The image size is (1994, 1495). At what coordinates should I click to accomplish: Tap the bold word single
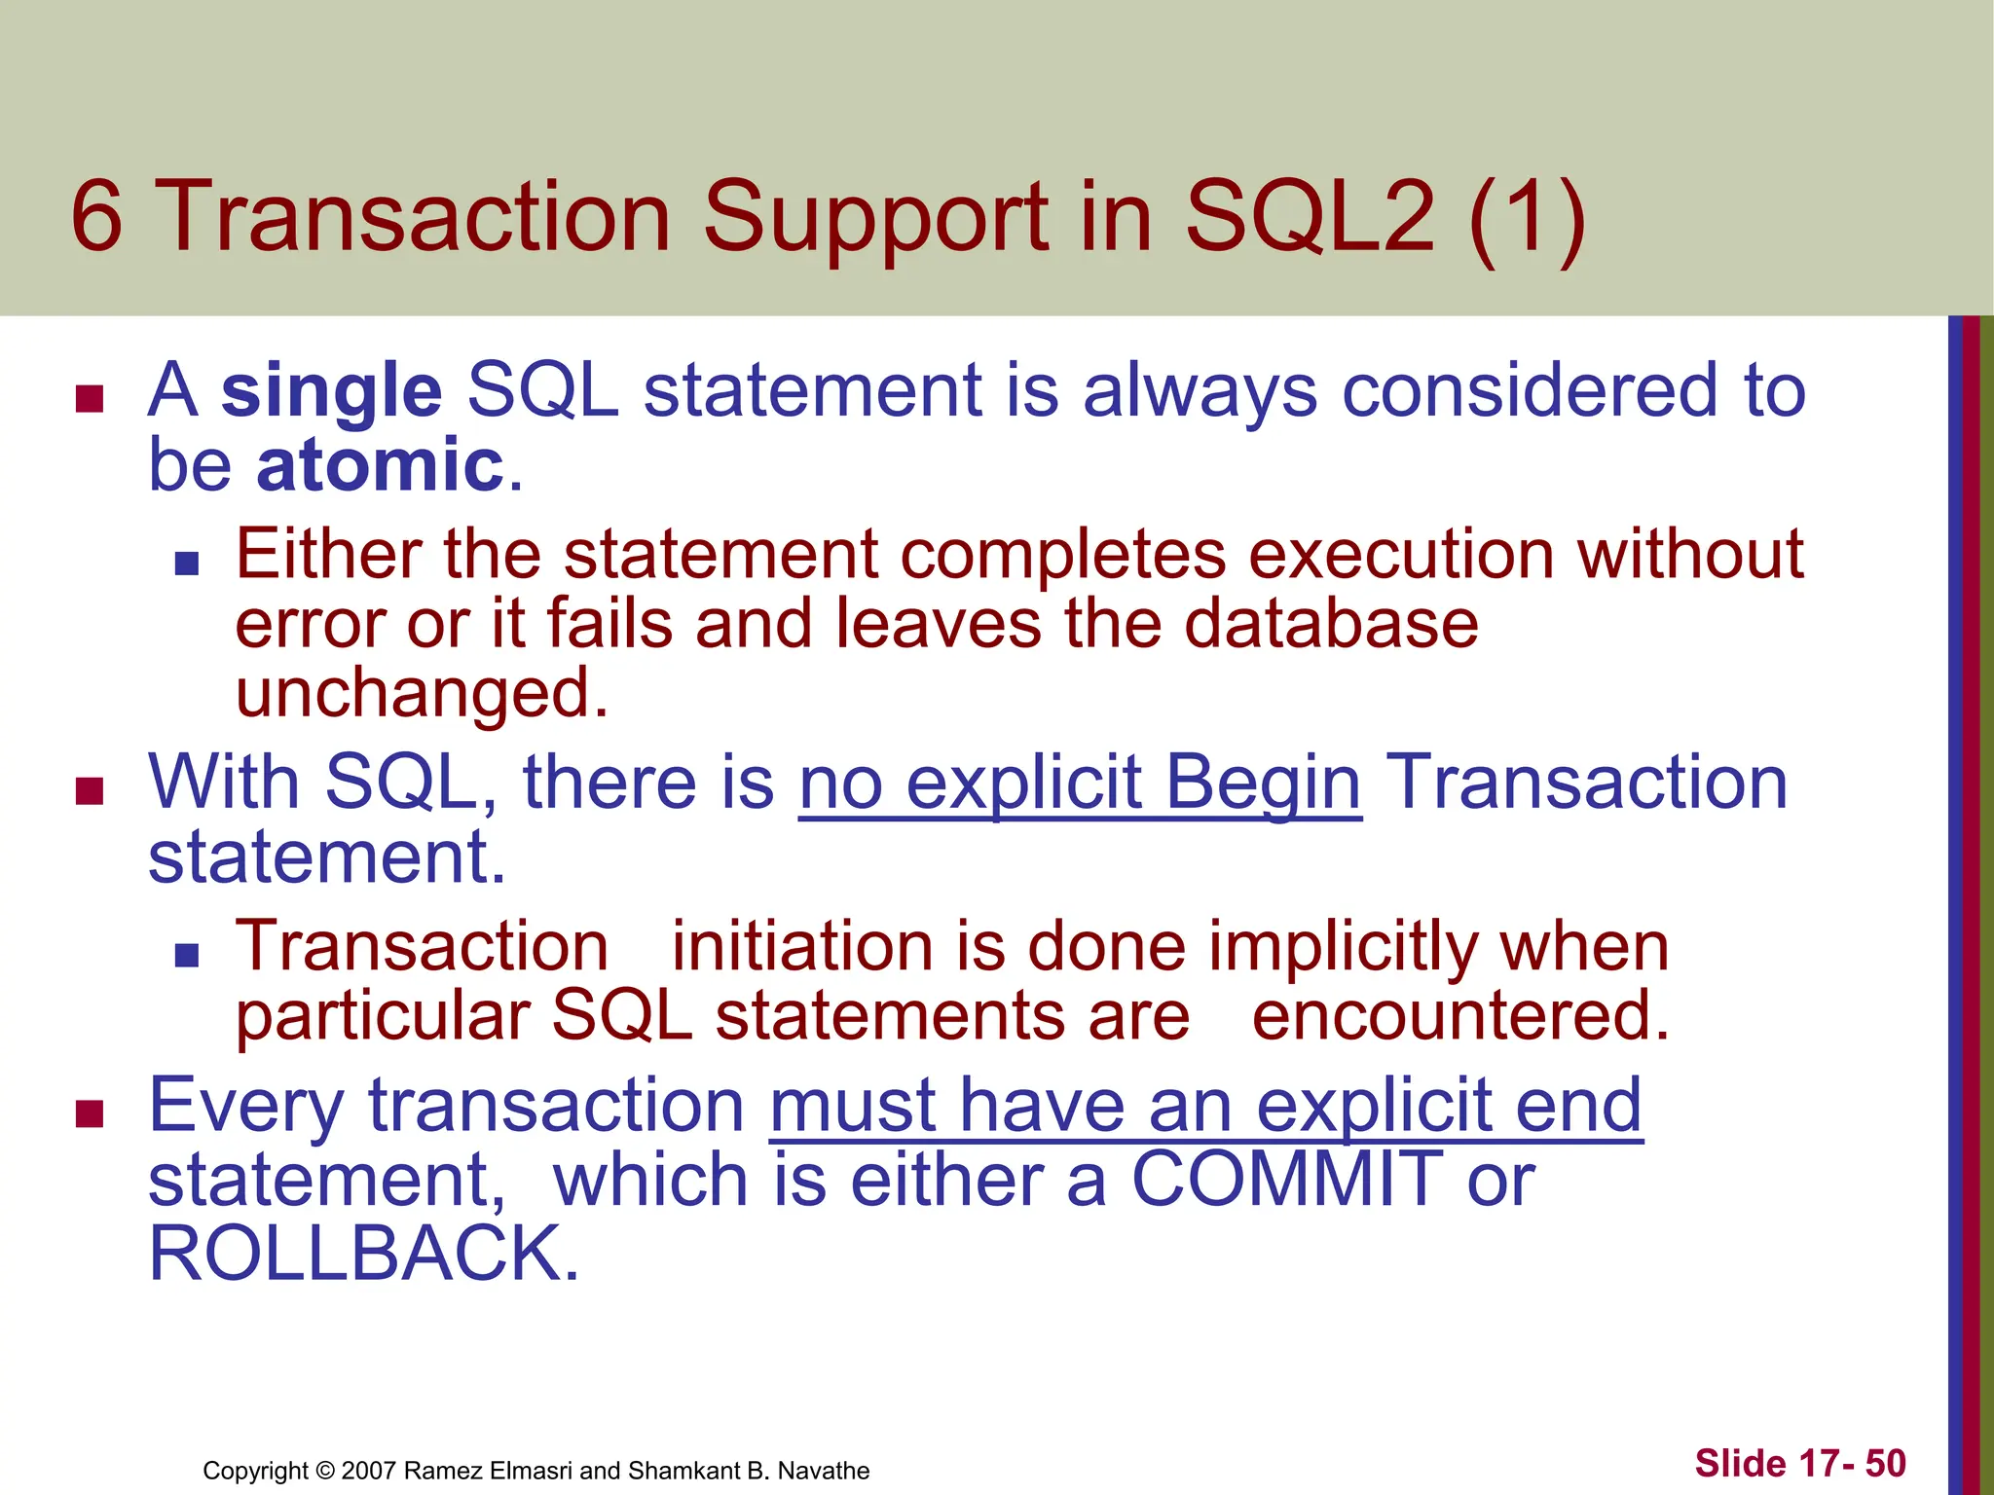pos(331,391)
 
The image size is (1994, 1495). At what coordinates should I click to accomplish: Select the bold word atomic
pos(380,465)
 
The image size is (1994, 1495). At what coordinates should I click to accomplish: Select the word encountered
pos(1460,1016)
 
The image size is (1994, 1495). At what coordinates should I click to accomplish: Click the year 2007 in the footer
pos(369,1471)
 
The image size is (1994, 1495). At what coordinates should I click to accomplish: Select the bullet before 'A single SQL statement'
pos(90,399)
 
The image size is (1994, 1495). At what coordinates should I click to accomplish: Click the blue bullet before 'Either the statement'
pos(187,564)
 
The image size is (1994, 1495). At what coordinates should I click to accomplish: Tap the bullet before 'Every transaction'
pos(90,1113)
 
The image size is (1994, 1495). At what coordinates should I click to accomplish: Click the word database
pos(1331,623)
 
